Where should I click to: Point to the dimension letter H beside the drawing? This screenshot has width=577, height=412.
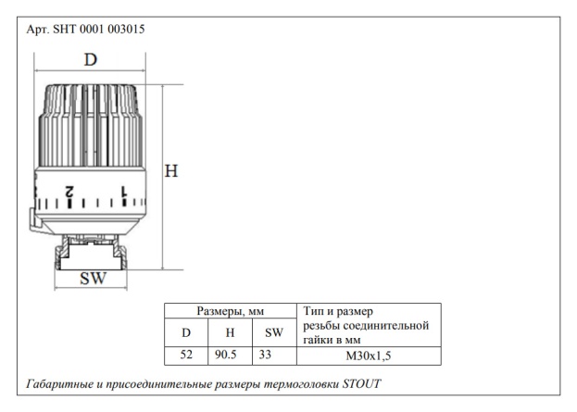point(171,171)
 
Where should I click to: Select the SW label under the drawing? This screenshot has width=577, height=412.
point(92,280)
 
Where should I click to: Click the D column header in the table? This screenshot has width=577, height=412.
point(186,331)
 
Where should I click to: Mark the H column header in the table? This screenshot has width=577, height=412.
point(230,331)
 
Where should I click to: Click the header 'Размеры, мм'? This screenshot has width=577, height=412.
point(230,311)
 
